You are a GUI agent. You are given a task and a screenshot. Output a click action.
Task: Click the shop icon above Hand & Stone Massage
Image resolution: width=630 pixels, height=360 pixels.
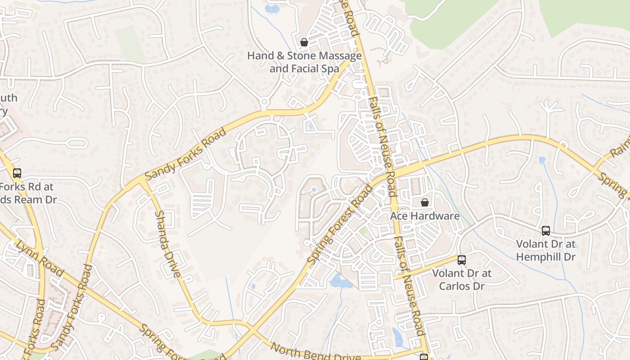tap(304, 43)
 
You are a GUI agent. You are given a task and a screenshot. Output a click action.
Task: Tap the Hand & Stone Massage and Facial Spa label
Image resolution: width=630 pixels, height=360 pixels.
tap(304, 62)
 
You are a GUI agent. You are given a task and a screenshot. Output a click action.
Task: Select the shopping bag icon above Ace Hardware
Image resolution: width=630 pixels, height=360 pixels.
tap(424, 202)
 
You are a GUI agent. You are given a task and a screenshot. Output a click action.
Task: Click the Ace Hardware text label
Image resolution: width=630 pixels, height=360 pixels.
tap(425, 216)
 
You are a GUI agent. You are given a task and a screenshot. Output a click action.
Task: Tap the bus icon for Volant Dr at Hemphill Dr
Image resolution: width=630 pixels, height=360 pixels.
tap(546, 231)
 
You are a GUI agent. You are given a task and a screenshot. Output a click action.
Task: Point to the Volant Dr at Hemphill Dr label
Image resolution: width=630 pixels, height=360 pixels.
tap(546, 251)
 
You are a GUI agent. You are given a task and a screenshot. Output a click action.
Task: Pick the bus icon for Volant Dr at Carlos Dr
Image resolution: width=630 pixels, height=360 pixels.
tap(461, 260)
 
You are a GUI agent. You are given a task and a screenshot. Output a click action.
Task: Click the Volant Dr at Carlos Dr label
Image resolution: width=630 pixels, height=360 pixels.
tap(462, 279)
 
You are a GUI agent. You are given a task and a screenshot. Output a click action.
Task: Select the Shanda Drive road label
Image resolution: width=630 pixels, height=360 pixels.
tap(167, 243)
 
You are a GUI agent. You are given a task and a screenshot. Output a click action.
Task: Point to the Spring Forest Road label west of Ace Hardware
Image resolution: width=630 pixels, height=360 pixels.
tap(340, 224)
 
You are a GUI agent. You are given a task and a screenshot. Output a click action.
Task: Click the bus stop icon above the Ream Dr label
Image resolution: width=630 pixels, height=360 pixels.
tap(17, 173)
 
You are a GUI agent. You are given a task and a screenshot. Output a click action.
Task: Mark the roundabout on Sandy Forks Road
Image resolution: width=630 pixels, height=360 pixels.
tap(265, 102)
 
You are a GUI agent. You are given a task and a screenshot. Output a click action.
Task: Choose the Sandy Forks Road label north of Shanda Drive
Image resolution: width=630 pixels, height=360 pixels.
tap(186, 153)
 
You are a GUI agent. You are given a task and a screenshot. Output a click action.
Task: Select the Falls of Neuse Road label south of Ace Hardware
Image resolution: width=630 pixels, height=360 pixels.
tap(409, 285)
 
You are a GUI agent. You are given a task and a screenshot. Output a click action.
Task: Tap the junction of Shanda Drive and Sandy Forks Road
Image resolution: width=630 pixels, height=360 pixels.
tap(142, 180)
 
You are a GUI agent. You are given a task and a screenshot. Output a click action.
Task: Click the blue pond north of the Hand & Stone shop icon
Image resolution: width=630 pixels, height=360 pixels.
tap(272, 9)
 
